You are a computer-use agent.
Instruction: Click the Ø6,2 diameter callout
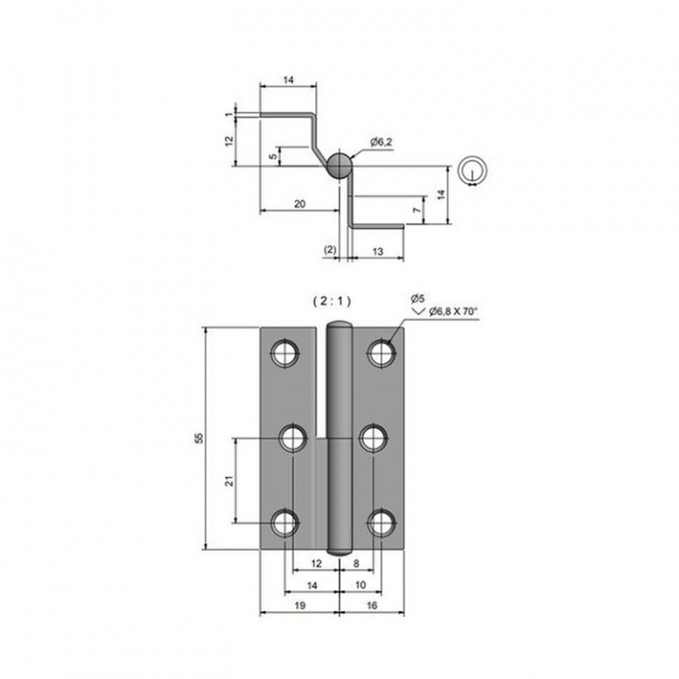381,142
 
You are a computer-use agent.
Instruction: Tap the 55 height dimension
199,438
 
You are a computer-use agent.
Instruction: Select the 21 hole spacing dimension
229,480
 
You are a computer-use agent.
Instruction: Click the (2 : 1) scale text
332,302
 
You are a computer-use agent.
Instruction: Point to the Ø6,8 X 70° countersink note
453,311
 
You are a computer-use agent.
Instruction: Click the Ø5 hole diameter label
418,298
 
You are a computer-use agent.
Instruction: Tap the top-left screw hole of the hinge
285,353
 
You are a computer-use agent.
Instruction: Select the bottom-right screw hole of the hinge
382,523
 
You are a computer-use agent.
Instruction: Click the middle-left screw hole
292,439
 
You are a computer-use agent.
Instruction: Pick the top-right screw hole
382,353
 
